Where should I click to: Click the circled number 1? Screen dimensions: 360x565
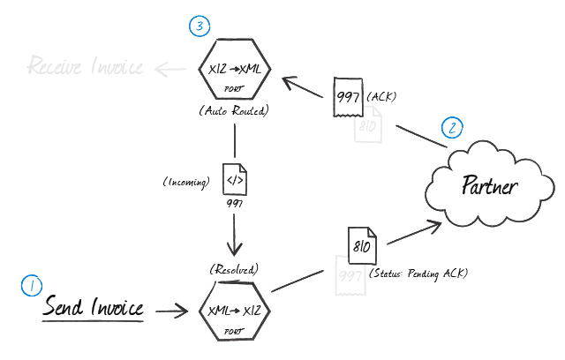coord(30,285)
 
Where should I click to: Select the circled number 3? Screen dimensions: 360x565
coord(200,26)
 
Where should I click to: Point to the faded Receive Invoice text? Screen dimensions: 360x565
coord(85,67)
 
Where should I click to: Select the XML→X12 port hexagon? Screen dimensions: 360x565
coord(235,311)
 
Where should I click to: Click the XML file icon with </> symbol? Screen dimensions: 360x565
coord(234,181)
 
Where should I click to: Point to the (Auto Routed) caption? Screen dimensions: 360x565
coord(234,112)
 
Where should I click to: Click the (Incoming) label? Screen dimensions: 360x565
coord(186,182)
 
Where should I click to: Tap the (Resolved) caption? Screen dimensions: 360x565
coord(234,268)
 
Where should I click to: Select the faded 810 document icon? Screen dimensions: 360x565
coord(367,126)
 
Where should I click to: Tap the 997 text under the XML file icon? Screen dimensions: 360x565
coord(234,204)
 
